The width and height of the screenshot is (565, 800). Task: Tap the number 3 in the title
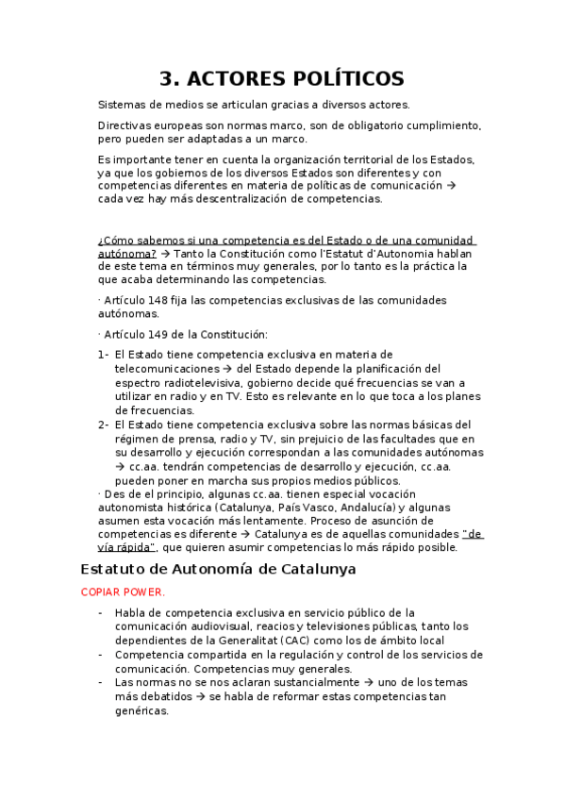pyautogui.click(x=167, y=78)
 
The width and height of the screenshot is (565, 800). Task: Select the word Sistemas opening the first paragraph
pyautogui.click(x=122, y=105)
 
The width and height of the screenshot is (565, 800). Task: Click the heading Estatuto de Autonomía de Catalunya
pyautogui.click(x=218, y=569)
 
